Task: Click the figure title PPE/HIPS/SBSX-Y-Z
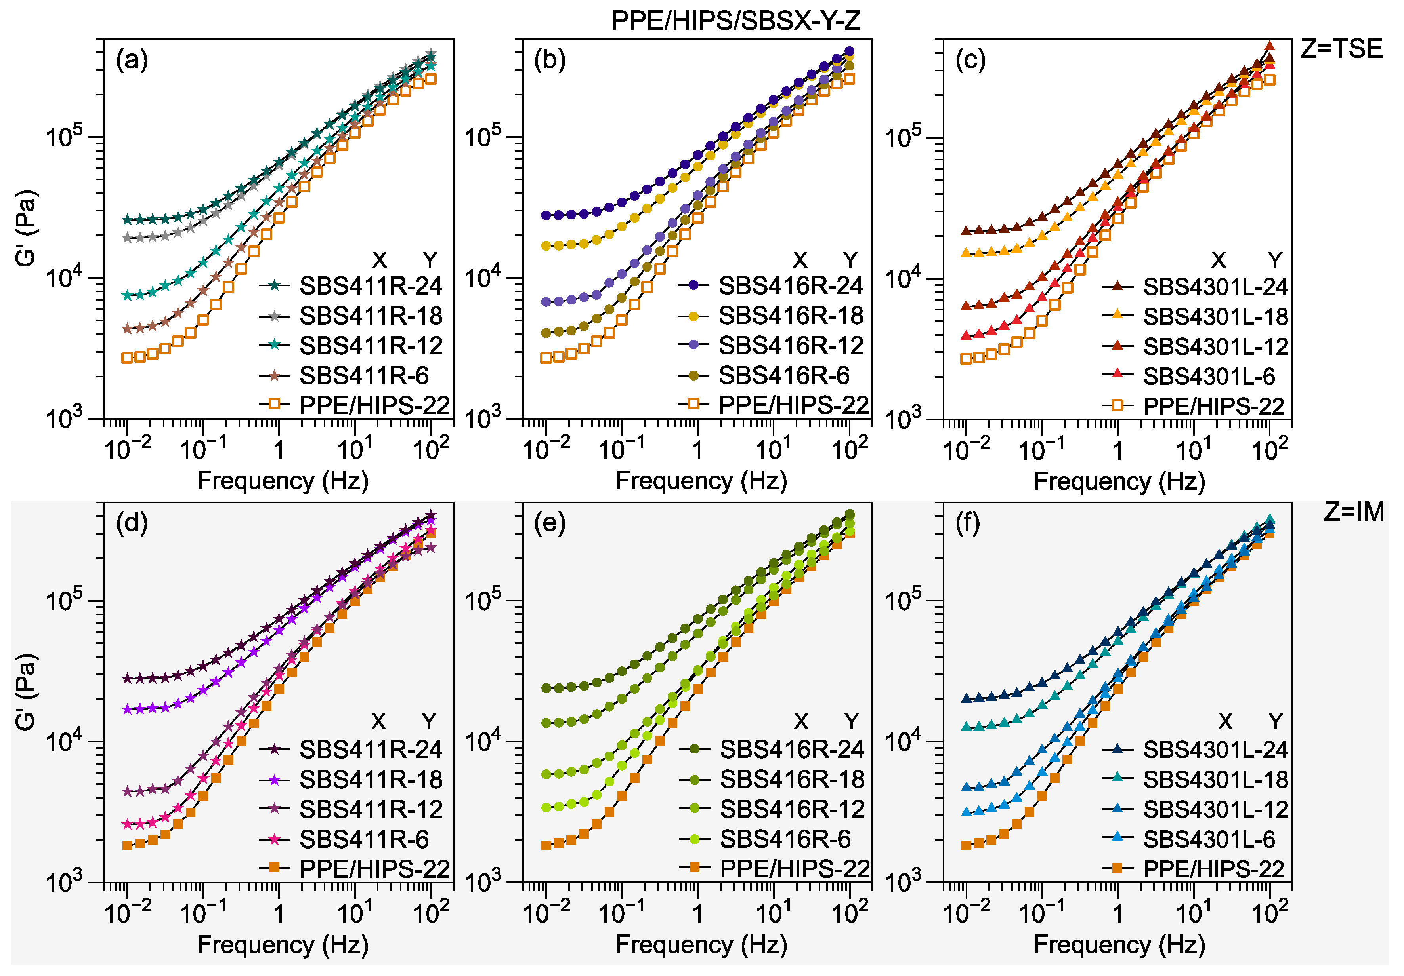(x=735, y=21)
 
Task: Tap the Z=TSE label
(x=1341, y=49)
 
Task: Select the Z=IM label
(x=1353, y=512)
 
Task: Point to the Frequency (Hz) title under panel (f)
(x=1119, y=944)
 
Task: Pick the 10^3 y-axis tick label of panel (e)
(x=483, y=882)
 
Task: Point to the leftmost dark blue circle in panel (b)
(x=546, y=215)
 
